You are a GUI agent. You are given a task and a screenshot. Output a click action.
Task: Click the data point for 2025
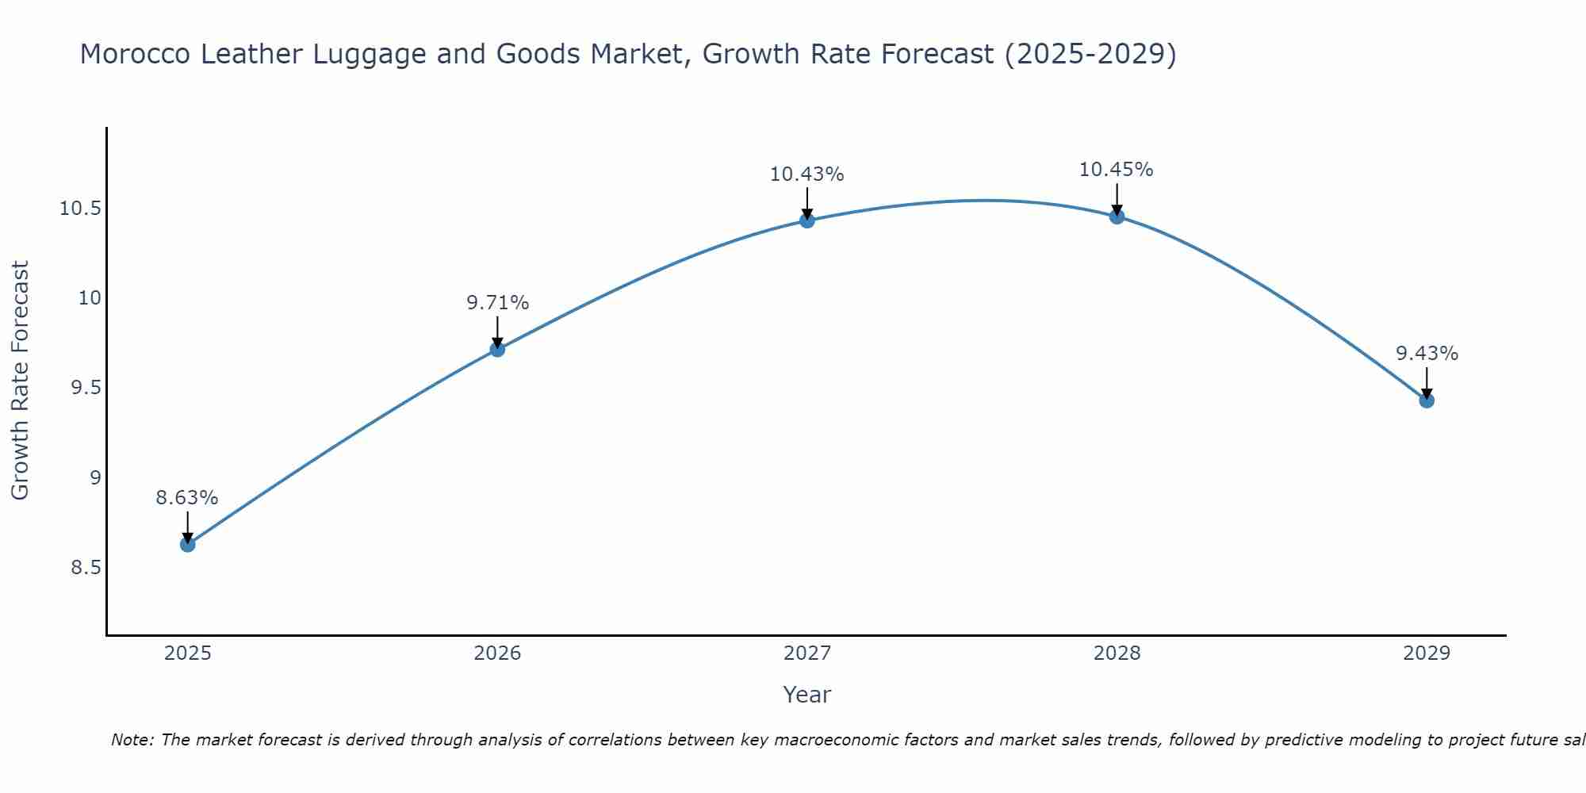[x=187, y=544]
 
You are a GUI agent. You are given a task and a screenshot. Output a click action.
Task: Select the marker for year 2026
[x=497, y=349]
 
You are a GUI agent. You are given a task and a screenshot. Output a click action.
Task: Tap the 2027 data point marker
[x=807, y=220]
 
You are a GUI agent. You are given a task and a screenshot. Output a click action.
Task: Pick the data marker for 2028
[x=1117, y=216]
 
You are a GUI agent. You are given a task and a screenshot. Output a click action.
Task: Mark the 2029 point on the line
[x=1427, y=400]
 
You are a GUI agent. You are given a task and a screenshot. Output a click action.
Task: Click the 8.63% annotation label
[x=186, y=498]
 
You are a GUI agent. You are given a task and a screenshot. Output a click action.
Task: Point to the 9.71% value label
[x=497, y=303]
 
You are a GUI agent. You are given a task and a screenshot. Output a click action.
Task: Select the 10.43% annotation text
[x=806, y=174]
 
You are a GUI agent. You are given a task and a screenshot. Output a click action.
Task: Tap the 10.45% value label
[x=1116, y=170]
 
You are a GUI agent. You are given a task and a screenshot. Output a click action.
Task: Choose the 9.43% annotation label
[x=1427, y=354]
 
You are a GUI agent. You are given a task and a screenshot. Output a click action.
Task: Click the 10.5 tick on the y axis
[x=80, y=209]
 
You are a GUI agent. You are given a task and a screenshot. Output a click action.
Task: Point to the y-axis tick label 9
[x=95, y=478]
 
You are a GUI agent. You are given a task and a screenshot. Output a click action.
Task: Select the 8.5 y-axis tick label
[x=86, y=568]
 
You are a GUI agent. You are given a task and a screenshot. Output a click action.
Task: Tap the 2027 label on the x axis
[x=807, y=653]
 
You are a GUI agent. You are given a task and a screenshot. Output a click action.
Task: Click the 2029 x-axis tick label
[x=1427, y=653]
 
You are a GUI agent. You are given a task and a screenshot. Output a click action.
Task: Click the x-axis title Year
[x=806, y=695]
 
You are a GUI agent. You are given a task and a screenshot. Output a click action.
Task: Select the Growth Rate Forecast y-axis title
[x=21, y=381]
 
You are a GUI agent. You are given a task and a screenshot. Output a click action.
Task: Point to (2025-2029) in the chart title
[x=1090, y=55]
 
